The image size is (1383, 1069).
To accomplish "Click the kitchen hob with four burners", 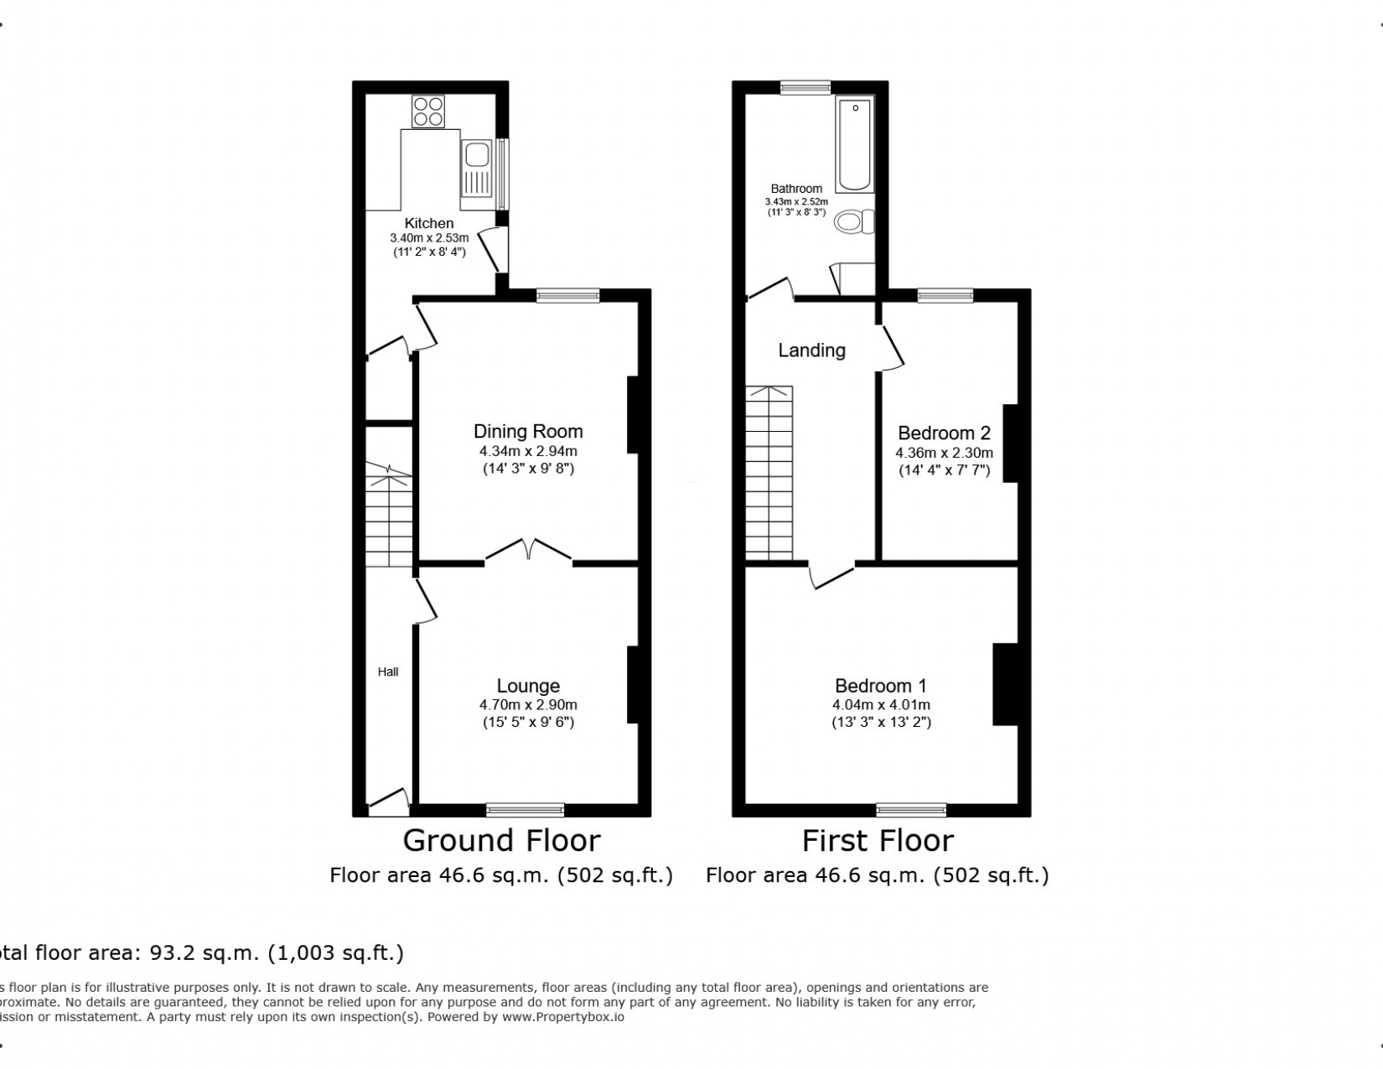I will click(x=427, y=112).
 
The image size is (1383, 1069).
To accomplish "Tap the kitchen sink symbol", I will click(x=477, y=156).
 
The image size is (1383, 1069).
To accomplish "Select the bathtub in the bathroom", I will click(x=855, y=144).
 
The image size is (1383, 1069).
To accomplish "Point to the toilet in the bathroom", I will click(x=854, y=222).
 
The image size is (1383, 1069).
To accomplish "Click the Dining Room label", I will click(x=528, y=432).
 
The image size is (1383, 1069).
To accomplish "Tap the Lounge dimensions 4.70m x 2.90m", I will click(x=528, y=705).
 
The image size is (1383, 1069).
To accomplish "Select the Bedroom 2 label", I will click(x=944, y=433).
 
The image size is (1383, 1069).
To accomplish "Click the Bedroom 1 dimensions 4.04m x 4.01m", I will click(x=881, y=705).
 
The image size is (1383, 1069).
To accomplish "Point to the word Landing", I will click(x=811, y=350).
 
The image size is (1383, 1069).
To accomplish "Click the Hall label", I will click(x=388, y=672).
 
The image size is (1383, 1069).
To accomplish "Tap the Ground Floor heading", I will click(x=501, y=840).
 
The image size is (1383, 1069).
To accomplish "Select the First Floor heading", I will click(x=878, y=840).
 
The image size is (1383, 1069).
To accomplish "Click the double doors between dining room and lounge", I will click(x=529, y=551).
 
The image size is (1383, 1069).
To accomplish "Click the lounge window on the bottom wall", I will click(x=526, y=810).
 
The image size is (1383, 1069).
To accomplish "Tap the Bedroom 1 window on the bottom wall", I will click(x=911, y=810).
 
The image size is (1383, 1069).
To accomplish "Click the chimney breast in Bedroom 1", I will click(x=1005, y=683).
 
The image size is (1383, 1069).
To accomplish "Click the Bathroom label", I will click(x=796, y=189).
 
